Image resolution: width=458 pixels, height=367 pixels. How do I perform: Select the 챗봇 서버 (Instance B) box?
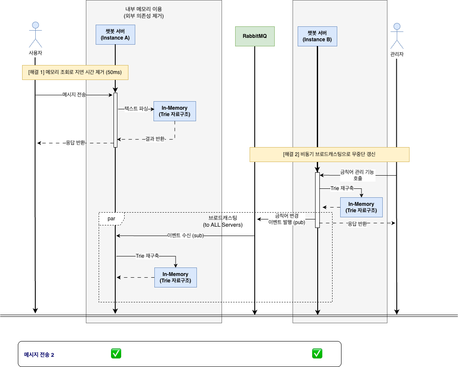tap(317, 37)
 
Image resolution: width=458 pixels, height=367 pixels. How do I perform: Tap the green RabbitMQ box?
tap(255, 36)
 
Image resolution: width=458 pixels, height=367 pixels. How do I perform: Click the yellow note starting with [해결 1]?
tap(75, 72)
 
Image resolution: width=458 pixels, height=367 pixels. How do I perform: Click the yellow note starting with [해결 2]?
tap(329, 154)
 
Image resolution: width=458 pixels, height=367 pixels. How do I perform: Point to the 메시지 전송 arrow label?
tap(74, 95)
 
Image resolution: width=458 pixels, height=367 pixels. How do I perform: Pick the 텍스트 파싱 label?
tap(136, 109)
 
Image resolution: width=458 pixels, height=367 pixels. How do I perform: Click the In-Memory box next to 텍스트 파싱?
tap(174, 111)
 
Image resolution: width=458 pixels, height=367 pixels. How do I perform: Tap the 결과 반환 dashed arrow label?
tap(155, 139)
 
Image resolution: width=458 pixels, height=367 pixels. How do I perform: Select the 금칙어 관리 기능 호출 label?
tap(358, 175)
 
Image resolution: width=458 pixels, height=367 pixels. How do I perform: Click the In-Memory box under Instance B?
tap(361, 207)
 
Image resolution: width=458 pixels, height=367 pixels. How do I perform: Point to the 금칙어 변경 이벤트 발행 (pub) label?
tap(287, 219)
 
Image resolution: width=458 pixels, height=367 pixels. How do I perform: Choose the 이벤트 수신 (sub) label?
tap(185, 236)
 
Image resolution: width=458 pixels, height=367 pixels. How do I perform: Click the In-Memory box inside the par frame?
tap(175, 277)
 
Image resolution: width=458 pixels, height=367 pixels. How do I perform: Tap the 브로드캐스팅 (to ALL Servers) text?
tap(222, 221)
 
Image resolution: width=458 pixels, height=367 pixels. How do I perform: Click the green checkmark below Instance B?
tap(317, 353)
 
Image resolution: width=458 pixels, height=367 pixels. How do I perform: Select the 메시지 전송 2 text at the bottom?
tap(39, 355)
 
